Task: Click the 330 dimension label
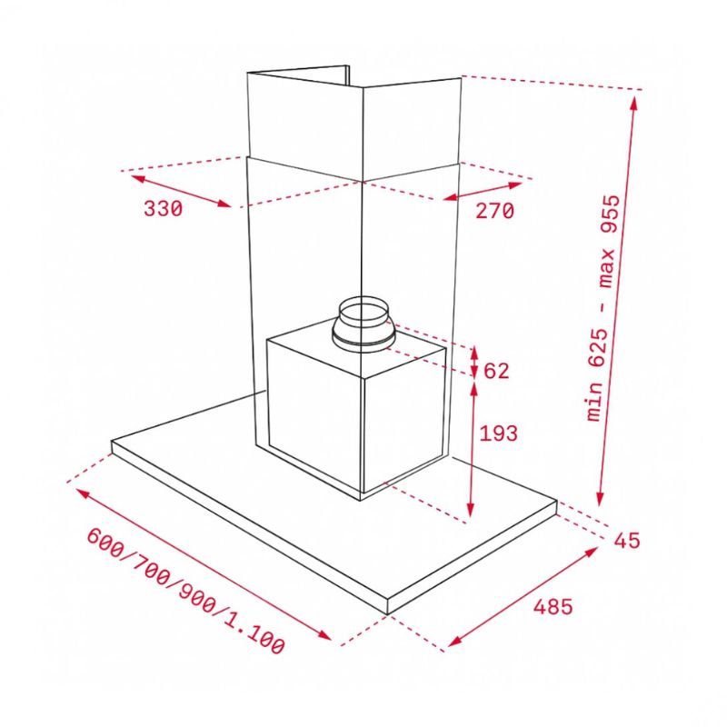click(164, 209)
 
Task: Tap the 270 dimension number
click(494, 212)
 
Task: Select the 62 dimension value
click(497, 371)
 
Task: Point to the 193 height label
click(498, 434)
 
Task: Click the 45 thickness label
click(625, 541)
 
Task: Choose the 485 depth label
click(554, 607)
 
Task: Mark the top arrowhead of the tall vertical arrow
click(634, 98)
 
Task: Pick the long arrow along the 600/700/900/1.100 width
click(204, 563)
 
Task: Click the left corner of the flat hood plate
click(113, 446)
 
